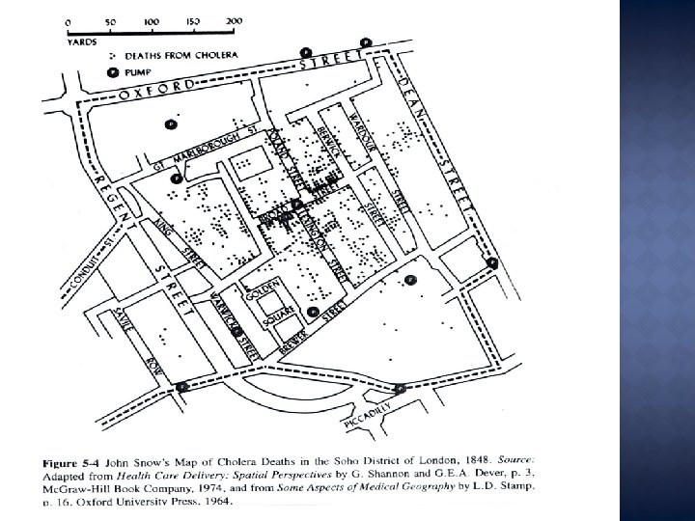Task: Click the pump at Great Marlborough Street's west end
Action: tap(176, 178)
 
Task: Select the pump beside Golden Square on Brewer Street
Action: tap(314, 312)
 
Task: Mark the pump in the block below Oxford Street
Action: tap(171, 123)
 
